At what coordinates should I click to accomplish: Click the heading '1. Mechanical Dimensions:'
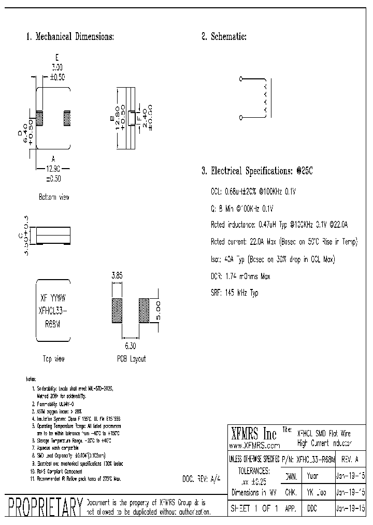pyautogui.click(x=70, y=37)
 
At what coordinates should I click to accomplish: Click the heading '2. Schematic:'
pyautogui.click(x=224, y=37)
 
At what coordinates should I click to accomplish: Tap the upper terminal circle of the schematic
pyautogui.click(x=241, y=79)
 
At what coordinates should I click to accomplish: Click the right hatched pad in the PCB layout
pyautogui.click(x=143, y=311)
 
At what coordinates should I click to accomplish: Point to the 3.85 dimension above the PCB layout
pyautogui.click(x=117, y=277)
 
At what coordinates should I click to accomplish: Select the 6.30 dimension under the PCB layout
pyautogui.click(x=130, y=344)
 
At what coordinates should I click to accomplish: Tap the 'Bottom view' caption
pyautogui.click(x=53, y=197)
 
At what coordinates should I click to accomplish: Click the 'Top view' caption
pyautogui.click(x=53, y=359)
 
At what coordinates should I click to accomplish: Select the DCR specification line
pyautogui.click(x=240, y=277)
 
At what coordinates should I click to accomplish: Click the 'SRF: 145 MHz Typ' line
pyautogui.click(x=234, y=293)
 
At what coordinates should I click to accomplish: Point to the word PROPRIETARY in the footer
pyautogui.click(x=43, y=507)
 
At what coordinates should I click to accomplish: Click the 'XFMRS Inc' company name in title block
pyautogui.click(x=253, y=434)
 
